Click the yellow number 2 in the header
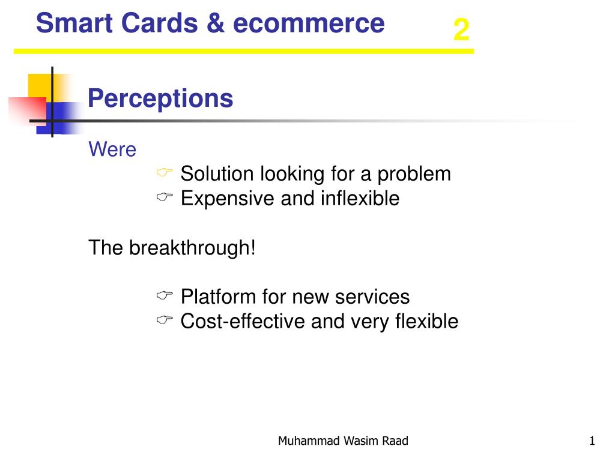pos(461,30)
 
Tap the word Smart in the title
pos(74,23)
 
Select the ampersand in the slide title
pos(216,23)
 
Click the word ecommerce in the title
pos(309,23)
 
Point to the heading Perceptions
pos(160,98)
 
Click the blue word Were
pos(112,149)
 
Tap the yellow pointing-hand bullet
pos(165,172)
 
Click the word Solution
pos(217,173)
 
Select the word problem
pos(414,175)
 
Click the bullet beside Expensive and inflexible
pos(165,197)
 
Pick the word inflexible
pos(360,198)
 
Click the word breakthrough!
pos(192,248)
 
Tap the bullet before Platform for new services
pos(165,295)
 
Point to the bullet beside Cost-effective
pos(165,320)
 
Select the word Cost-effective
pos(243,321)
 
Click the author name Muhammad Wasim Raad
pos(343,441)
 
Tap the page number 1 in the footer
pos(592,441)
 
